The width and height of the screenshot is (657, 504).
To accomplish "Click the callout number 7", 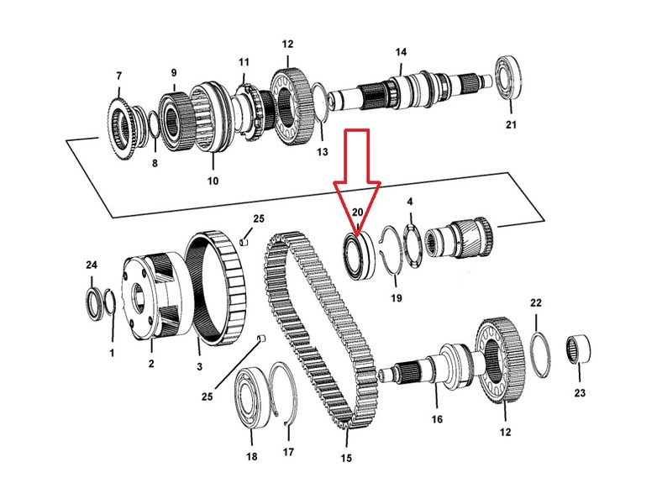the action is (x=119, y=76).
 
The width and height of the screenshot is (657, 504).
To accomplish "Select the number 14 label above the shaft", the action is (x=401, y=52).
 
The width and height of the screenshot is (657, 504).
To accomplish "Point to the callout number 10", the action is (x=213, y=181).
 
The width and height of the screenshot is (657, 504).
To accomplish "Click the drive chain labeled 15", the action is (x=321, y=331).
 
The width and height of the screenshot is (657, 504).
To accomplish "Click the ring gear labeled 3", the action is (x=215, y=288).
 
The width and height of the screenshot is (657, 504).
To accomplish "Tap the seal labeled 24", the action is (x=93, y=304).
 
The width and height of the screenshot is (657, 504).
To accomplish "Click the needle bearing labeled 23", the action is (x=579, y=349).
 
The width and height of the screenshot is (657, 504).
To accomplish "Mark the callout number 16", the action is (x=437, y=419).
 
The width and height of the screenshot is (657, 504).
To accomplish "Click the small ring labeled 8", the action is (x=153, y=125).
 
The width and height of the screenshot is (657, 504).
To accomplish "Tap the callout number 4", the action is (x=410, y=202).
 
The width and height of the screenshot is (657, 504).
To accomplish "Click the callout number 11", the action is (x=244, y=62).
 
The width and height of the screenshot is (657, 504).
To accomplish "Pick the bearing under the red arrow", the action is (x=359, y=255).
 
